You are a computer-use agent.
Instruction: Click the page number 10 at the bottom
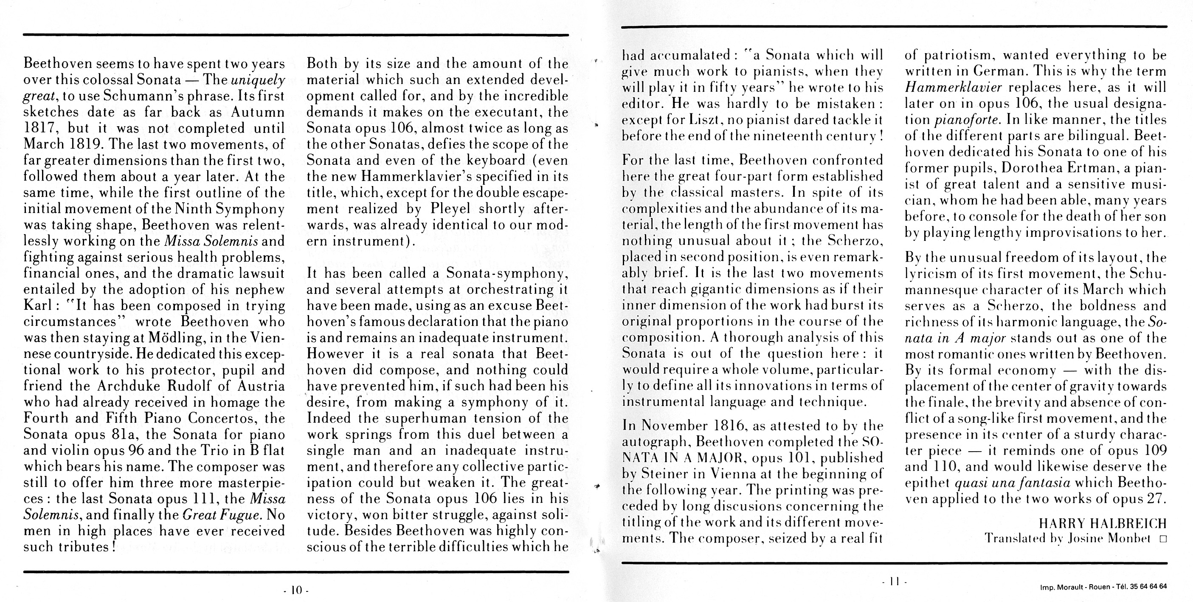pyautogui.click(x=296, y=590)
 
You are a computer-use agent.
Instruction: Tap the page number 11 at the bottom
pyautogui.click(x=895, y=581)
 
